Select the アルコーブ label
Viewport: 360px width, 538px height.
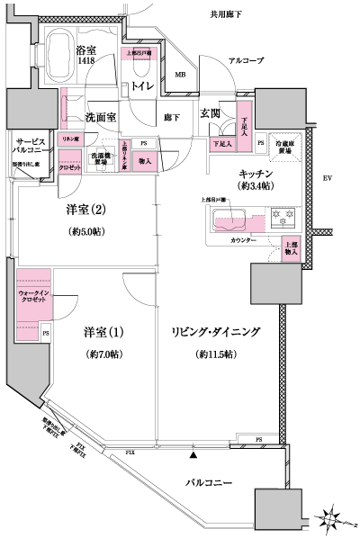(x=246, y=59)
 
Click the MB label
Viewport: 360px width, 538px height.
(x=180, y=74)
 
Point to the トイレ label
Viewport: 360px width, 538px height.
(x=142, y=85)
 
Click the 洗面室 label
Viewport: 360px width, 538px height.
(x=102, y=117)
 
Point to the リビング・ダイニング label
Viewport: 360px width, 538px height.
(x=215, y=332)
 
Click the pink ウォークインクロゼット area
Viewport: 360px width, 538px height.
(x=33, y=297)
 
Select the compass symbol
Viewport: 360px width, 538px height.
(x=334, y=519)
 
